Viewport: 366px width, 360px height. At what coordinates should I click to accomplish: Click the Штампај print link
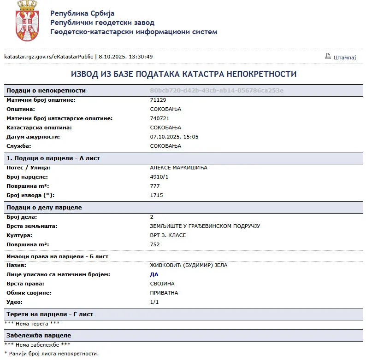pos(345,57)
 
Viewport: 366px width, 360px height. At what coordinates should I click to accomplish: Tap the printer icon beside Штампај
pos(328,56)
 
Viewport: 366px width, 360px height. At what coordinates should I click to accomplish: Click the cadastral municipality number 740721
pos(160,118)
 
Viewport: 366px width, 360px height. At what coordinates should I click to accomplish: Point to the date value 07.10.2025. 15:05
pos(174,137)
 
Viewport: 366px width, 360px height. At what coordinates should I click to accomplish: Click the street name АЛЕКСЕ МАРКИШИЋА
pos(179,168)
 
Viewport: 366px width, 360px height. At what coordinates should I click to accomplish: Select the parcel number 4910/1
pos(159,177)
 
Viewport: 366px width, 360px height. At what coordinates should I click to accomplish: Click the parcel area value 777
pos(155,186)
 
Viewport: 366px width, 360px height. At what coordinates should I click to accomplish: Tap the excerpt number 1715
pos(156,195)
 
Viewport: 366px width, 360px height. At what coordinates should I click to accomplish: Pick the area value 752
pos(155,244)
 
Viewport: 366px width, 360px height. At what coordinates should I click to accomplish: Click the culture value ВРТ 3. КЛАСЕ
pos(168,235)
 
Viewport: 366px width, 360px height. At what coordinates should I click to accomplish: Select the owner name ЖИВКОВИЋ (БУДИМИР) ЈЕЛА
pos(189,265)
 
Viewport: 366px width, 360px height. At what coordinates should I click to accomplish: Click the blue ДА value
pos(154,274)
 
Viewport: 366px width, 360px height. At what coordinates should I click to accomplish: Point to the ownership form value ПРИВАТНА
pos(164,293)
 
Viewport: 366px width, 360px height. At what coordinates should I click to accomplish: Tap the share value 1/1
pos(154,302)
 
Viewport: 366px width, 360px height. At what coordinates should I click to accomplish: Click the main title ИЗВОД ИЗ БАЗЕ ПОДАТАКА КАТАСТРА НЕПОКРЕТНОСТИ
pos(183,74)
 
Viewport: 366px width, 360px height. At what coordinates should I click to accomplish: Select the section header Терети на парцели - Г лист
pos(50,314)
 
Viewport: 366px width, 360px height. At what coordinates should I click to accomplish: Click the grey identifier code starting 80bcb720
pos(217,91)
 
